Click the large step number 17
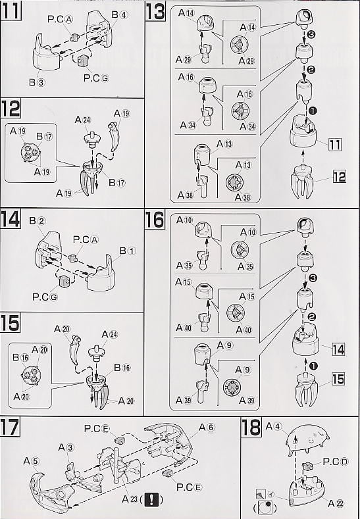coord(11,427)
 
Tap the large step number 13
coord(155,12)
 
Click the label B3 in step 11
coord(36,82)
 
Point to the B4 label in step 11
coord(119,14)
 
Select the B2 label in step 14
coord(38,221)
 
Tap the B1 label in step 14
coord(128,251)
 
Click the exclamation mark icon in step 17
coord(151,499)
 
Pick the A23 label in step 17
coord(130,499)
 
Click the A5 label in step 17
coord(32,461)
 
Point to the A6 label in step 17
coord(207,428)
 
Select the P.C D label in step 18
coord(335,462)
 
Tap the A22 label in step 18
coord(336,504)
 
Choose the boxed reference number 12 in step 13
coord(339,177)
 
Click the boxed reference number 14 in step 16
coord(338,349)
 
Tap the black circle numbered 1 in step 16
coord(313,366)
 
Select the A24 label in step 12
coord(83,120)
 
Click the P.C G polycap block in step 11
coord(83,61)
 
